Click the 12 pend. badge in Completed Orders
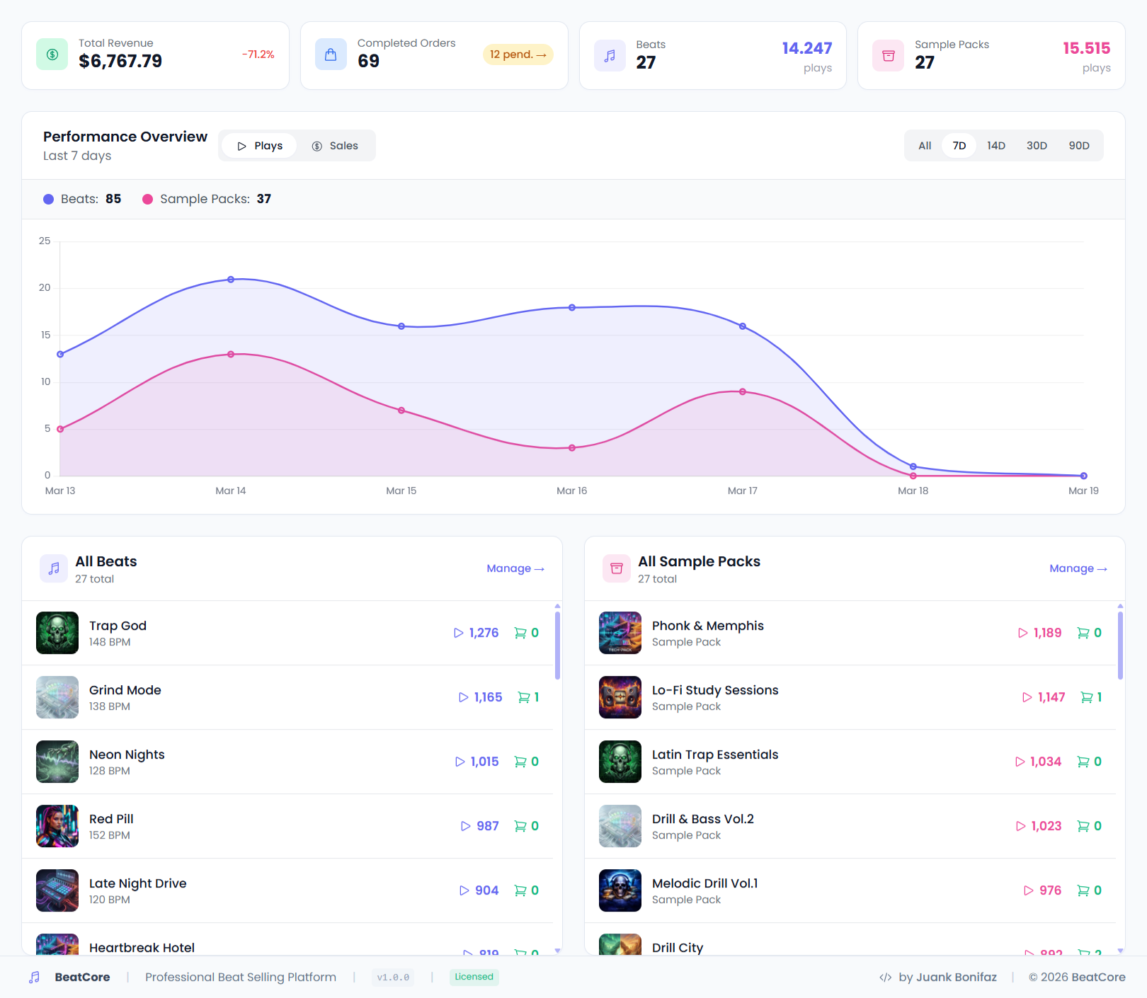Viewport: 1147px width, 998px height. click(x=518, y=55)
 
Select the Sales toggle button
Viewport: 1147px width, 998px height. click(x=335, y=146)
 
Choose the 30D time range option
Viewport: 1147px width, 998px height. click(x=1037, y=146)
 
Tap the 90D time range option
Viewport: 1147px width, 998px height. click(x=1078, y=146)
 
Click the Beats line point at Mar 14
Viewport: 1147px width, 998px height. click(x=231, y=280)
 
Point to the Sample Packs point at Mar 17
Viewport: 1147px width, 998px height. click(x=742, y=391)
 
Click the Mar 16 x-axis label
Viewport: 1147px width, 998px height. click(x=571, y=491)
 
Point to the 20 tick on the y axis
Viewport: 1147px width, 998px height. click(x=45, y=287)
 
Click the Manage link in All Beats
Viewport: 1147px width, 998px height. click(x=515, y=568)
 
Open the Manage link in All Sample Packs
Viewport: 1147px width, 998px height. click(x=1078, y=568)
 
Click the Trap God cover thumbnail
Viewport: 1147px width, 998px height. click(x=57, y=633)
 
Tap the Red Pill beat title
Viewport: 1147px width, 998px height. click(x=111, y=819)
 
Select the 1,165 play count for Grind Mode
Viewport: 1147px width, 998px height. click(x=481, y=697)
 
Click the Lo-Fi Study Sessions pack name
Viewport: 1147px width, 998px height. click(x=714, y=690)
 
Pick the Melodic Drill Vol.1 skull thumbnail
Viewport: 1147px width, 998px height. click(x=620, y=890)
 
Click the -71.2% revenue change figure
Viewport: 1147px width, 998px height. click(x=258, y=55)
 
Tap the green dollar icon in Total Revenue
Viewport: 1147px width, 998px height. click(x=52, y=55)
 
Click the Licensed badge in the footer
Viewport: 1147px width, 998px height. click(x=474, y=977)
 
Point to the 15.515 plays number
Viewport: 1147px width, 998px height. click(x=1086, y=48)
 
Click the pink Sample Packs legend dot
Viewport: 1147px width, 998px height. click(x=148, y=200)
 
